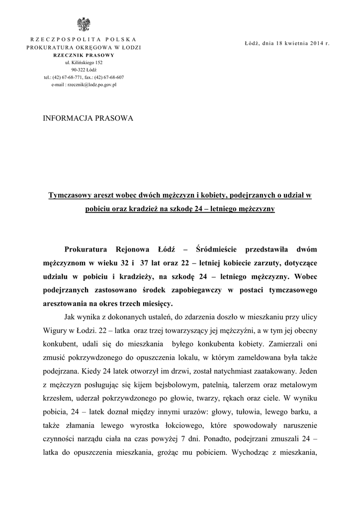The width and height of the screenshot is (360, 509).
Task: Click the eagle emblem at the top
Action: tap(83, 24)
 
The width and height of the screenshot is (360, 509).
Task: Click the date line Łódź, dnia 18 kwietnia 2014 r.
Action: tap(287, 43)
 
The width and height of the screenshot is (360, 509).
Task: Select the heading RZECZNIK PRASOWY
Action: tap(83, 55)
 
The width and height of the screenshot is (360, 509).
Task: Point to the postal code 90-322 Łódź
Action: tap(83, 70)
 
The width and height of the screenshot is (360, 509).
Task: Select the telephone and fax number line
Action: tap(84, 78)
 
